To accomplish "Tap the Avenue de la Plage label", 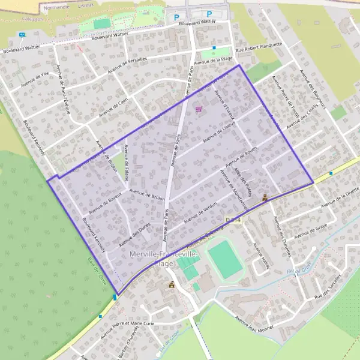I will [217, 59].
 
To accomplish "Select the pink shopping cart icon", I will [199, 109].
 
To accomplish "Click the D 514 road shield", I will [233, 221].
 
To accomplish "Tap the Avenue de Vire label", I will [34, 80].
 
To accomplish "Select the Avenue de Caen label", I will [113, 107].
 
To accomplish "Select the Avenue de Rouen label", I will [241, 157].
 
